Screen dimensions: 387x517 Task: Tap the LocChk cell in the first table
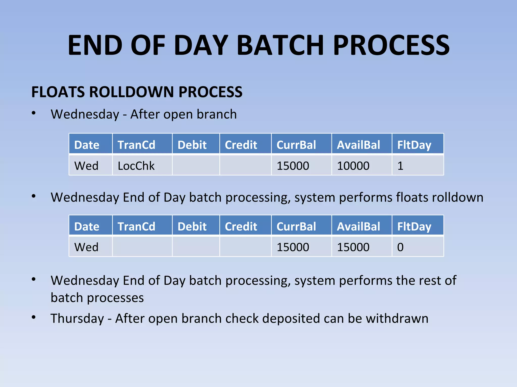point(136,166)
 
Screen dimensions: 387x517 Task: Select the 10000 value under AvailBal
point(353,166)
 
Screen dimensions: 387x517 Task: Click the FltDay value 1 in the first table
point(400,166)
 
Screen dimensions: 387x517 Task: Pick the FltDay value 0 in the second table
point(400,247)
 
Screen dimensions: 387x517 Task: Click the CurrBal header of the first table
point(296,145)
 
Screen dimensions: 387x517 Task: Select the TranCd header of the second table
point(136,227)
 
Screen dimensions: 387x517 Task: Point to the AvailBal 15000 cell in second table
point(353,247)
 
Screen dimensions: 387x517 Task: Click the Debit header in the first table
point(192,145)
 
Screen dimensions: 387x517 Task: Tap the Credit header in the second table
point(241,227)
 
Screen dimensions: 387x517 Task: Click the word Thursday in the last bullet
point(77,318)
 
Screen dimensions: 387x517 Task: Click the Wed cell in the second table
point(86,247)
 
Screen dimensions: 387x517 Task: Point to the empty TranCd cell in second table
point(142,247)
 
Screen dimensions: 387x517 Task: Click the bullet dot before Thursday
point(34,317)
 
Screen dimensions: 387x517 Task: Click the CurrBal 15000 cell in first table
point(293,166)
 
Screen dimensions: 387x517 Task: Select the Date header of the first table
point(87,145)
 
